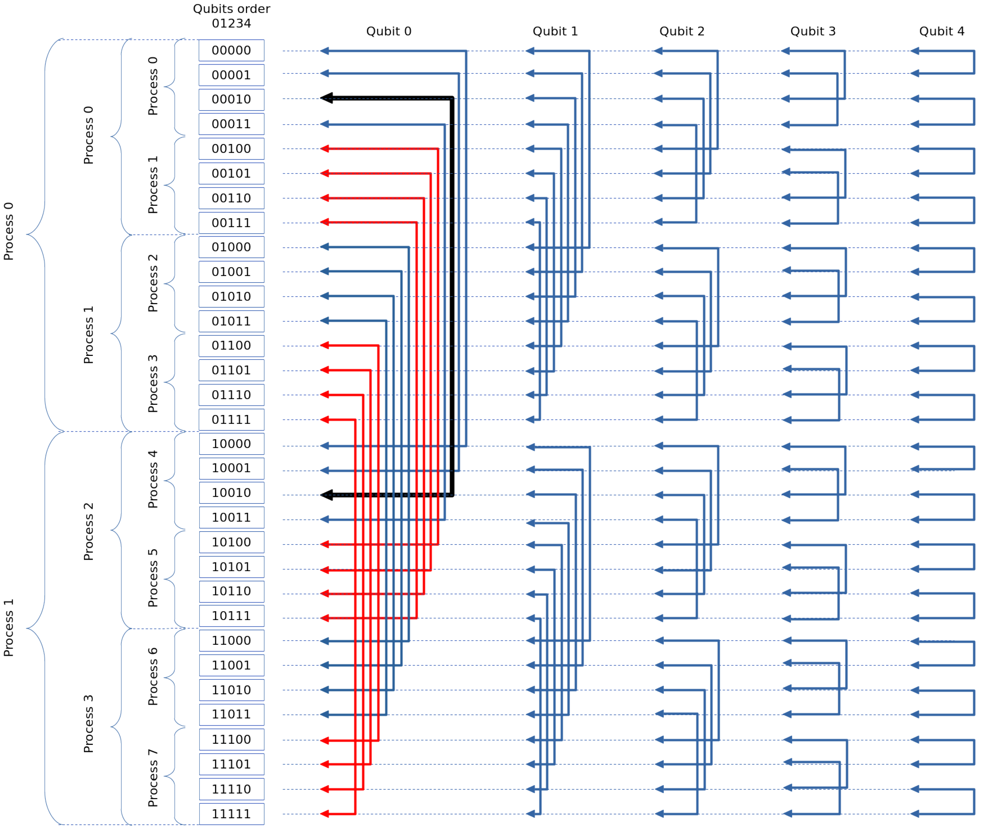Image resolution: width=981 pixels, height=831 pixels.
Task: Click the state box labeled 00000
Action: coord(231,50)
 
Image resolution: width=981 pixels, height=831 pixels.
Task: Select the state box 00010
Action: coord(231,99)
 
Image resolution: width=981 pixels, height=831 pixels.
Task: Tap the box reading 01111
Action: coord(231,420)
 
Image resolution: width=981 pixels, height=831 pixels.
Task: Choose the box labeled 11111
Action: coord(231,814)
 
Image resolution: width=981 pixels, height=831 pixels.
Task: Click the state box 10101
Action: coord(231,567)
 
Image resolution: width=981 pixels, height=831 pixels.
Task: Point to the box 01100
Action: coord(231,346)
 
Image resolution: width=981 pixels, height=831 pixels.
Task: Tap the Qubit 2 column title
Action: coord(682,32)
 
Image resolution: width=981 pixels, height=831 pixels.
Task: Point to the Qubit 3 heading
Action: coord(813,32)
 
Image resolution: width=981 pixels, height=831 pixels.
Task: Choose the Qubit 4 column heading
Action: coord(941,32)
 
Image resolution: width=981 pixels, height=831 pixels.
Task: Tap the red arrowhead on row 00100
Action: coord(324,149)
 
